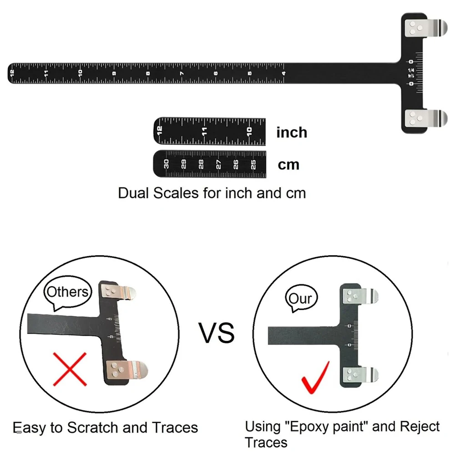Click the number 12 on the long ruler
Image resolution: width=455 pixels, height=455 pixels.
coord(12,73)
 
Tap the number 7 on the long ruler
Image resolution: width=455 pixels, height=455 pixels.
coord(182,73)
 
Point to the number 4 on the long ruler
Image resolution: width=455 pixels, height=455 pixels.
coord(283,73)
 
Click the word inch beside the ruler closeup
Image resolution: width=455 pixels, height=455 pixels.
coord(292,132)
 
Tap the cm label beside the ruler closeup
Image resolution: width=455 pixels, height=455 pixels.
coord(289,164)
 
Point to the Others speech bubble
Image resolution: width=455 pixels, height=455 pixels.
coord(68,292)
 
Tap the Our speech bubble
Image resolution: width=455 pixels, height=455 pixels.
coord(301,298)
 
